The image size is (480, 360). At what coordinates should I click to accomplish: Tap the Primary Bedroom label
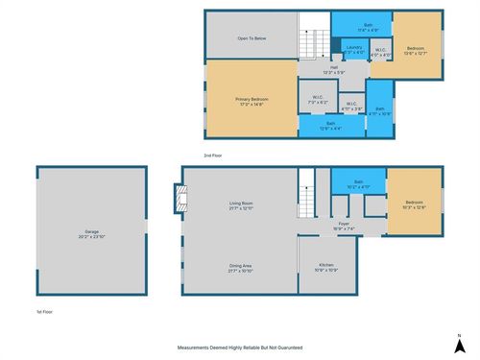pos(251,102)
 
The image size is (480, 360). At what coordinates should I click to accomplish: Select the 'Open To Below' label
pos(251,39)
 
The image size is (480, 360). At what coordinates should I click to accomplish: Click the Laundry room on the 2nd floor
pos(353,49)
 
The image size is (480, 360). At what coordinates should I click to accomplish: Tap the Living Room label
pos(240,204)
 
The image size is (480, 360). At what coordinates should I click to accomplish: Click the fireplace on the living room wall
pos(177,199)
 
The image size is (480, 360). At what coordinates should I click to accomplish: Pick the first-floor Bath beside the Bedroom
pos(356,184)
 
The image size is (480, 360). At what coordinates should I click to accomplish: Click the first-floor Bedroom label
pos(414,204)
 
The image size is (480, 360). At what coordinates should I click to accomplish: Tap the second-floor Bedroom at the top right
pos(416,49)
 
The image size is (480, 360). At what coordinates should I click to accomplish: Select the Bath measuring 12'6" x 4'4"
pos(329,125)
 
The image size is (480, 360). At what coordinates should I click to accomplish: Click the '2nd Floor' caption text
pos(213,155)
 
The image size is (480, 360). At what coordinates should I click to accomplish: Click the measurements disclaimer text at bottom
pos(239,347)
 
